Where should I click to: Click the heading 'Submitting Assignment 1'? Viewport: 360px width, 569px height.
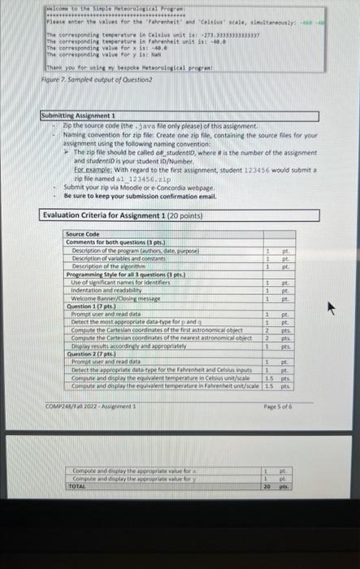[78, 116]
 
